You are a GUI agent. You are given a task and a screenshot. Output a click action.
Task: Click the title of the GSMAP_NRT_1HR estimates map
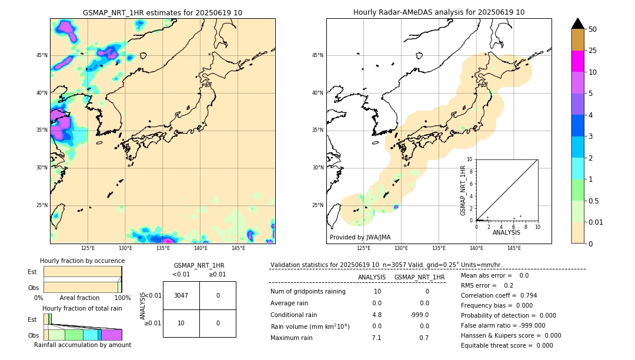[x=162, y=12]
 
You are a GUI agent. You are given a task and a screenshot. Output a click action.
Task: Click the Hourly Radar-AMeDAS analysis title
[x=439, y=12]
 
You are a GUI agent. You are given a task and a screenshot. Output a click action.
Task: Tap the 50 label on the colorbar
[x=593, y=29]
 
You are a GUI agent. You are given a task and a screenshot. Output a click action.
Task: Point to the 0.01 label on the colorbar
[x=596, y=222]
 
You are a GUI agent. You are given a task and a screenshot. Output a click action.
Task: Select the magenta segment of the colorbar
[x=578, y=61]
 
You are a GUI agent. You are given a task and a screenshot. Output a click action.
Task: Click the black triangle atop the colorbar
[x=578, y=24]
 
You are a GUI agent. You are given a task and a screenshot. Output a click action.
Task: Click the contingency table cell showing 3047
[x=181, y=295]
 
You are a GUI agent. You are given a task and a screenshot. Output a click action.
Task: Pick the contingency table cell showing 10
[x=181, y=323]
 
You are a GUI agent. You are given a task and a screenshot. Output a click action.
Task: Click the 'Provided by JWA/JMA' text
[x=360, y=238]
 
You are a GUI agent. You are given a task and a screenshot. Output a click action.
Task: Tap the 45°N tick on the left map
[x=42, y=55]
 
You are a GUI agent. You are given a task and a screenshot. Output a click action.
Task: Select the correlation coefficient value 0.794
[x=524, y=296]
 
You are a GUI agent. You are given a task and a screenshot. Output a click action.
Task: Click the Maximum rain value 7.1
[x=376, y=338]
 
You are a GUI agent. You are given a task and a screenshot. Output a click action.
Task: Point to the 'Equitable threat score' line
[x=507, y=346]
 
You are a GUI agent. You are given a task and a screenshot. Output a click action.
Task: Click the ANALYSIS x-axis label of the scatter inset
[x=506, y=233]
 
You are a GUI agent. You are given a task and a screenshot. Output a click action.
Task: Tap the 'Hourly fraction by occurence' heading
[x=82, y=261]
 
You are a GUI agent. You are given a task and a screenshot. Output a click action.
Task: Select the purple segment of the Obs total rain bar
[x=112, y=335]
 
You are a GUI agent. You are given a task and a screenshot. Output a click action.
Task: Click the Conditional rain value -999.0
[x=419, y=315]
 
